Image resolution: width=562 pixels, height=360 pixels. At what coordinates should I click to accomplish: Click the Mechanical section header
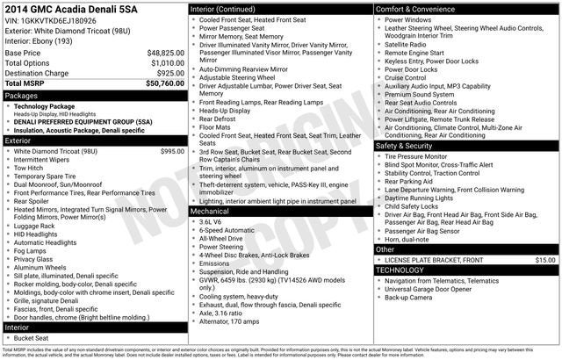pos(210,211)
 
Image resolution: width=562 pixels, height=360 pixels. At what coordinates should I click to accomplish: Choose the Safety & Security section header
pos(409,146)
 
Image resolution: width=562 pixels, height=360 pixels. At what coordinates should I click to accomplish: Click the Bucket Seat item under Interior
pos(32,338)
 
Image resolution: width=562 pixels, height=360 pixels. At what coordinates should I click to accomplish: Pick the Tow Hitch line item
pos(31,169)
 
